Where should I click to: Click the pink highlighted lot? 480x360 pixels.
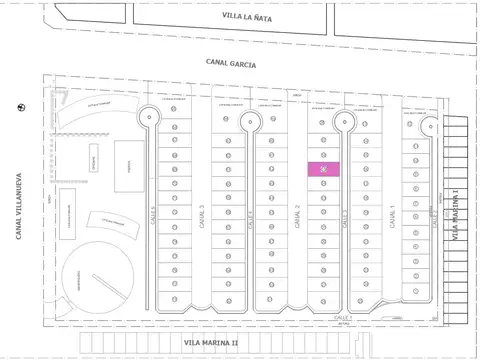pyautogui.click(x=324, y=169)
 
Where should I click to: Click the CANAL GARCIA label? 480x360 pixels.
pyautogui.click(x=231, y=63)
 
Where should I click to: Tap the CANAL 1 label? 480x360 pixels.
pyautogui.click(x=392, y=216)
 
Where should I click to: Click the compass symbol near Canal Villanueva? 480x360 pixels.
pyautogui.click(x=21, y=107)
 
